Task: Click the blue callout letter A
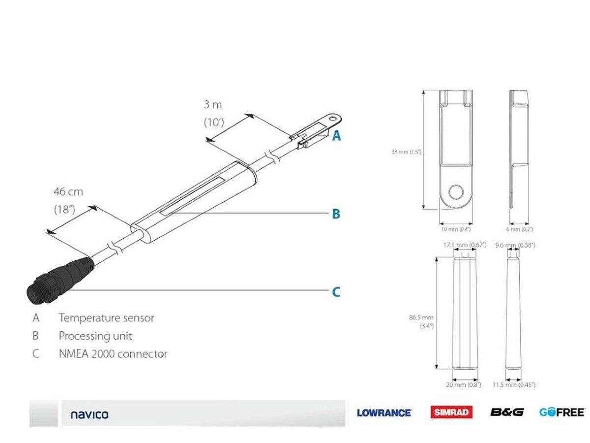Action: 336,135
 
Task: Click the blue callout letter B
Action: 336,214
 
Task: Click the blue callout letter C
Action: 336,292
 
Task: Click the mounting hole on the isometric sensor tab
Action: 334,118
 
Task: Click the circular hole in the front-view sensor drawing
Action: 456,192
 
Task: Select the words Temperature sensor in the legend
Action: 106,318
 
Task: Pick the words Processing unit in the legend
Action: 95,336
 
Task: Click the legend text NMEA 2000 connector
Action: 113,354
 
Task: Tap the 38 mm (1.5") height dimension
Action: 406,152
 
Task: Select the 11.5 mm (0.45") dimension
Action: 514,384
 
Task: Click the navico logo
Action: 89,414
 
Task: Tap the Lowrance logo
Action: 384,412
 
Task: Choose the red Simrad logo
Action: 451,412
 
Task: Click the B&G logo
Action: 506,412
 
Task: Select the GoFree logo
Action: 561,412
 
